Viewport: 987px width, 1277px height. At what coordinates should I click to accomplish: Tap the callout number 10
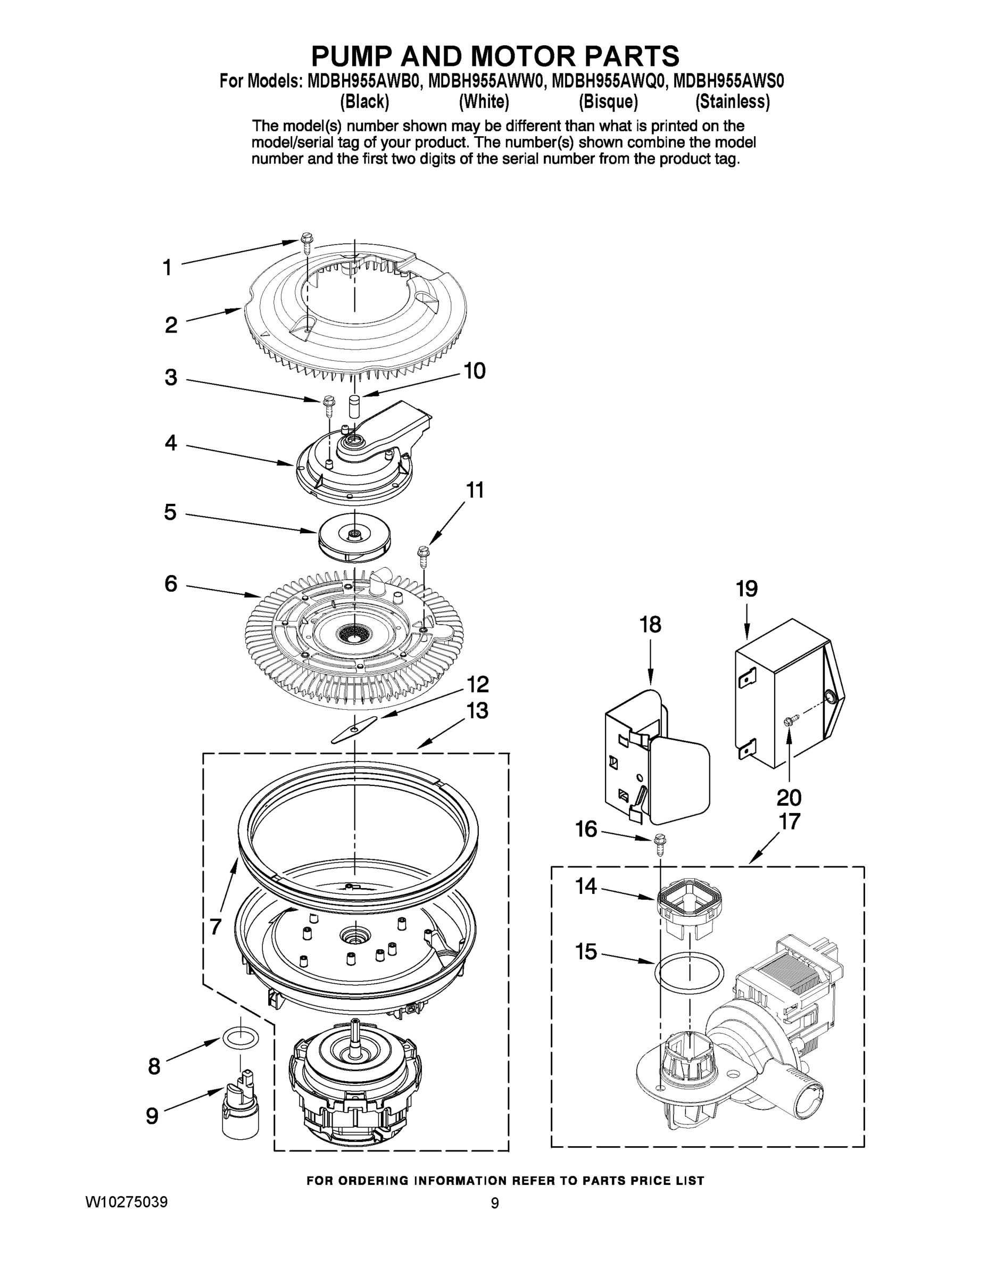coord(474,371)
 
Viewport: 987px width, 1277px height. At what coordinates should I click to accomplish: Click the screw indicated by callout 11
coord(423,555)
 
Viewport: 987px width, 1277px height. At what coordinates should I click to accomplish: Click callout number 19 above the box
coord(747,590)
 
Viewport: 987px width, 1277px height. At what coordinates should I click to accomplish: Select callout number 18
coord(650,625)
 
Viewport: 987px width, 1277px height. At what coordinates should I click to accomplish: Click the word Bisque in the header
coord(608,102)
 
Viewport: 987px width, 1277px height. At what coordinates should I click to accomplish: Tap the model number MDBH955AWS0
coord(728,81)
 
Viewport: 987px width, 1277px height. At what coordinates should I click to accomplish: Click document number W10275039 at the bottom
coord(126,1203)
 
